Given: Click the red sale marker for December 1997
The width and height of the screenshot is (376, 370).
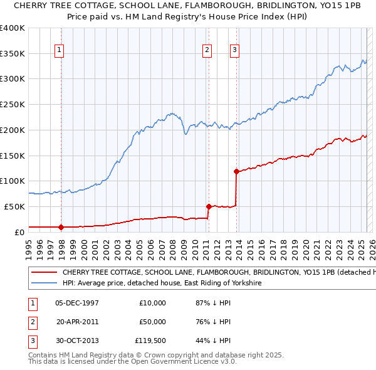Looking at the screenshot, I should [x=61, y=227].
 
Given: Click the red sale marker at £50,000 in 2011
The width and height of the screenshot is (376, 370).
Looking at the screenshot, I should [x=208, y=206].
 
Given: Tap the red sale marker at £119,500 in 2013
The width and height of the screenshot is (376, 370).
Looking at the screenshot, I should [x=236, y=171].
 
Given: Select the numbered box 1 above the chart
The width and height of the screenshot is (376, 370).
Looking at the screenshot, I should [x=58, y=51].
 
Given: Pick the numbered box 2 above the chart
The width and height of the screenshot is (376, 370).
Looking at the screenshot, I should [x=206, y=51].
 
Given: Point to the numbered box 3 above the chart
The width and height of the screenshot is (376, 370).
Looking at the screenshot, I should [x=234, y=51].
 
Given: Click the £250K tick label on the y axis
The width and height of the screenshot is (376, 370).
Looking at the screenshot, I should [x=13, y=104].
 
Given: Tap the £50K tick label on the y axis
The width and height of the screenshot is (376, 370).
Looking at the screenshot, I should [x=15, y=206].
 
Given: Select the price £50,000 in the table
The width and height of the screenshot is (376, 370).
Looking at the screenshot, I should [x=152, y=322].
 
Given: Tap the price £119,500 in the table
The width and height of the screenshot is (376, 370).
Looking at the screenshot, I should [x=150, y=341].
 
